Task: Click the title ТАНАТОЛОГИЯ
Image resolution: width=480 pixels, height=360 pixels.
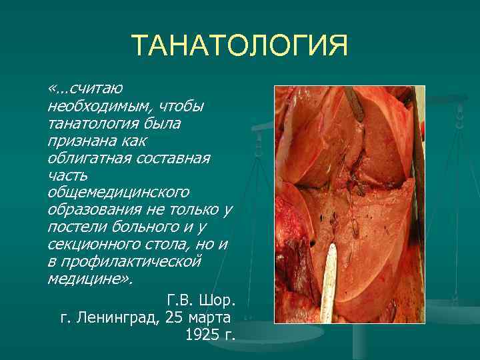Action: click(239, 47)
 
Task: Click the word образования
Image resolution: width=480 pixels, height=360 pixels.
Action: click(91, 210)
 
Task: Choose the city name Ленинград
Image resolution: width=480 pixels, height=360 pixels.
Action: click(117, 316)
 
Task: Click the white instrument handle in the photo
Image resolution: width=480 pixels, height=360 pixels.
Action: click(329, 293)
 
